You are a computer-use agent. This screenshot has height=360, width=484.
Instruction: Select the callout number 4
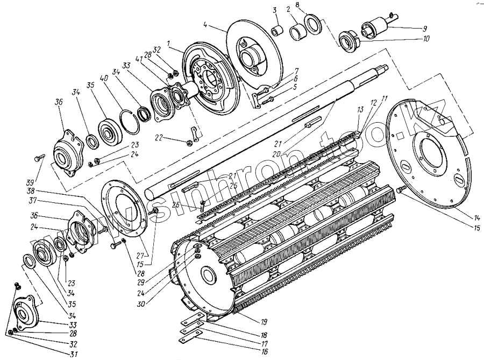click(x=206, y=24)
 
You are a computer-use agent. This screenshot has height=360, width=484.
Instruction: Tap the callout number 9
click(x=425, y=28)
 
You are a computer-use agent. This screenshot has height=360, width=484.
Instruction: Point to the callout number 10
click(x=426, y=39)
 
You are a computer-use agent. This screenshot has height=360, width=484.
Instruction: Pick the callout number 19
click(x=265, y=322)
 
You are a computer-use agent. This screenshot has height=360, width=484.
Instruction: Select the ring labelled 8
click(x=312, y=24)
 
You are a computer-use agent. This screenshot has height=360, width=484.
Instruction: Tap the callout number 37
click(x=34, y=201)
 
